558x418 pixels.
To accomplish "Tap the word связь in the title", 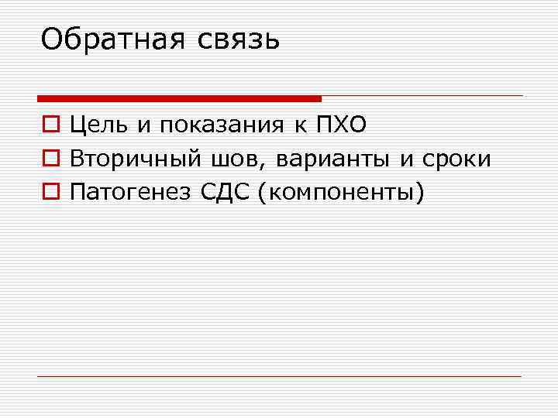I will point(234,38).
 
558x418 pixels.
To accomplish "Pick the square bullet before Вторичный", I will point(50,159).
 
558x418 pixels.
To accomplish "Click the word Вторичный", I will point(136,159).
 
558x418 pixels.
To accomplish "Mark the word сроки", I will point(456,159).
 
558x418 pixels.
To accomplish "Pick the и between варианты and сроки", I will point(408,159).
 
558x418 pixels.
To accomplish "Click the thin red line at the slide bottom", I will point(279,376).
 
